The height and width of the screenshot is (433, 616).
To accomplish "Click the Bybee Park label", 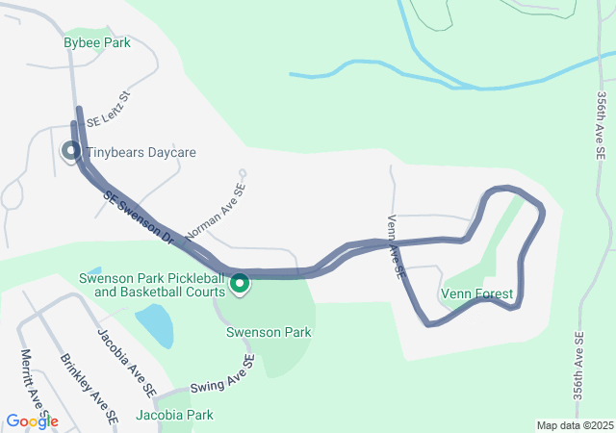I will click(x=96, y=43).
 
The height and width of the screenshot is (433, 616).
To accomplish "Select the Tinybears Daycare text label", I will click(x=141, y=153).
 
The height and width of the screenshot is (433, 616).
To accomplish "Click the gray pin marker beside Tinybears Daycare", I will click(x=71, y=151).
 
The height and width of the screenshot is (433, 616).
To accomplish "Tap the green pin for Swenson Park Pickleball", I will click(x=240, y=284).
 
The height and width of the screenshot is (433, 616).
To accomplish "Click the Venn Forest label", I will click(x=476, y=293).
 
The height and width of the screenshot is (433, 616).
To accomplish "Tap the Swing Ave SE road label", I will click(x=221, y=373).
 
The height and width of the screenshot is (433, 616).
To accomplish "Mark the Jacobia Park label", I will click(x=174, y=415).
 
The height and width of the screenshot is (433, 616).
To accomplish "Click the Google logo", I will click(x=32, y=421).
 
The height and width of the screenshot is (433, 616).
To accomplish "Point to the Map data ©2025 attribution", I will click(x=574, y=425).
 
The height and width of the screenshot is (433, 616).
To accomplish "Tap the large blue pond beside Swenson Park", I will click(x=154, y=325).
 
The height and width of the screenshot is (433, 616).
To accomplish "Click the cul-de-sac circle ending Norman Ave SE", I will click(x=243, y=174).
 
